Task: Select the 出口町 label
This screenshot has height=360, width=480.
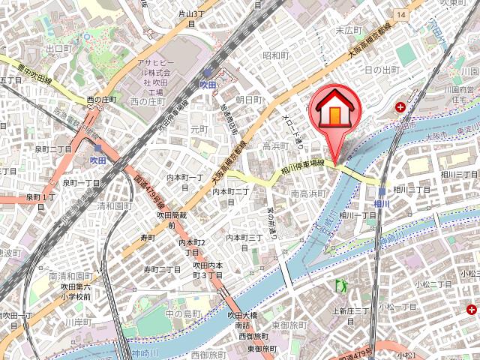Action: pos(58,48)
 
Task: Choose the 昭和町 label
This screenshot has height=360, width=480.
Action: pos(276,55)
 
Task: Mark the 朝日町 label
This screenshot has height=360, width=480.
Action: pos(248,99)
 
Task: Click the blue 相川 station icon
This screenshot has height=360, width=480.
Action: pos(382,191)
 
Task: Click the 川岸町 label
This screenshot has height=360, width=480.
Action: pos(76,322)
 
